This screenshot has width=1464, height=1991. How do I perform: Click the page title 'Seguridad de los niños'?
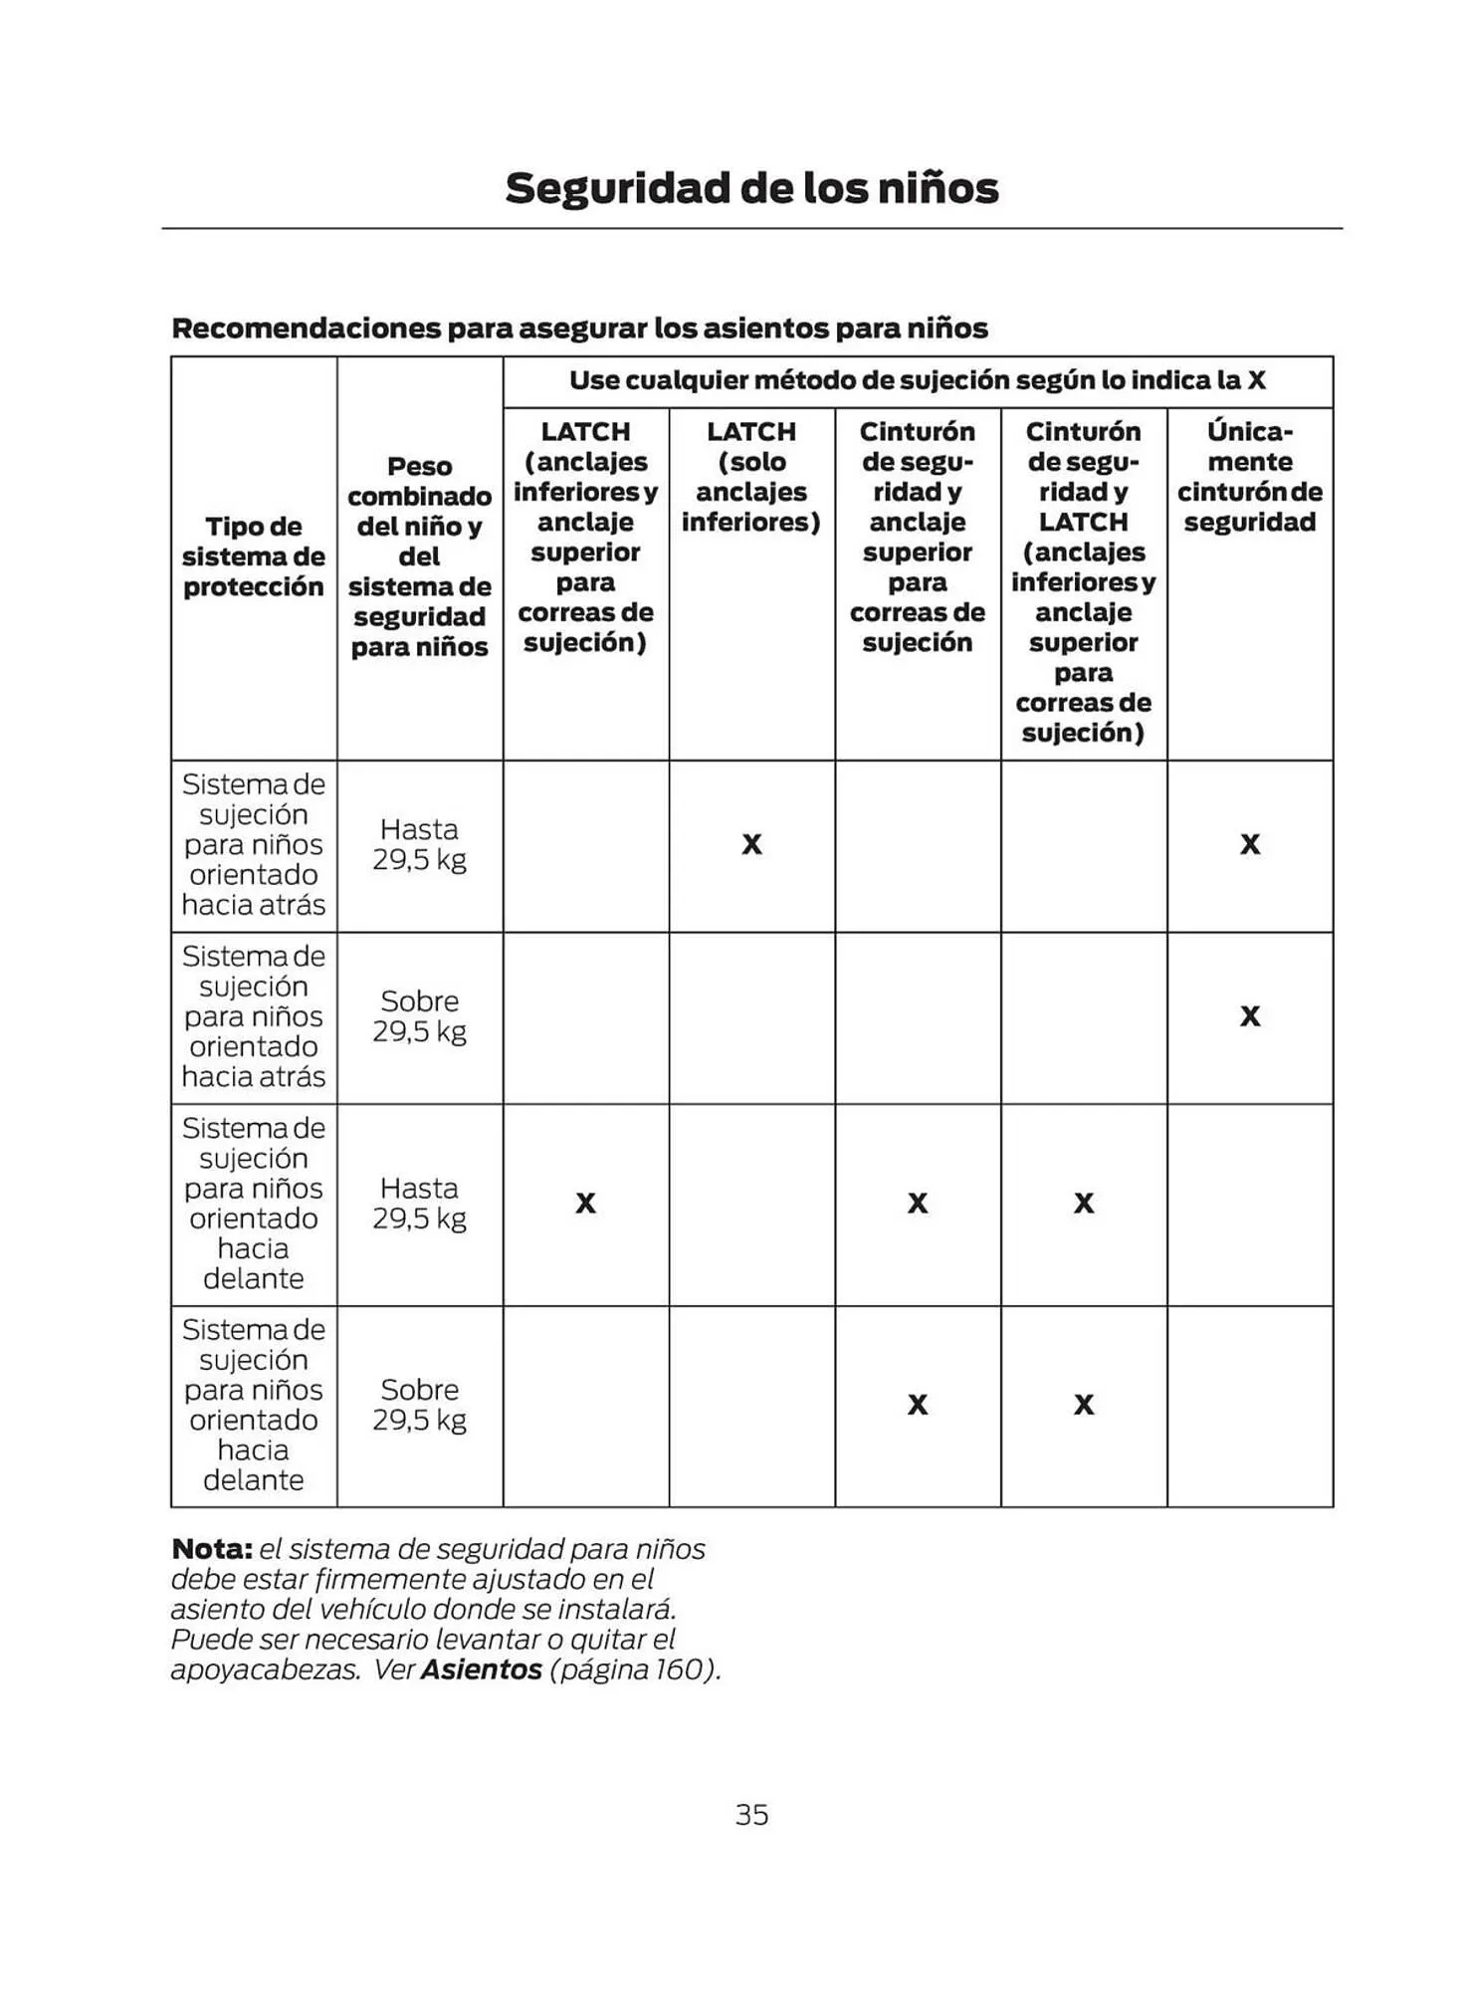[751, 188]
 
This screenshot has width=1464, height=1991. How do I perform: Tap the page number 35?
[751, 1815]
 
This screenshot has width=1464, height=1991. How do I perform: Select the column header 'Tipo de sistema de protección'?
[254, 556]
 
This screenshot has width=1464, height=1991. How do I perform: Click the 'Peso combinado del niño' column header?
[419, 556]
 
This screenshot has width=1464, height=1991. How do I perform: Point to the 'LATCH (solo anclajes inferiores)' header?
[751, 477]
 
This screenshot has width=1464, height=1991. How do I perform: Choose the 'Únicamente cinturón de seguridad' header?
[1250, 477]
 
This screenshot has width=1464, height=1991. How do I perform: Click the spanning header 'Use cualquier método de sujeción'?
[917, 380]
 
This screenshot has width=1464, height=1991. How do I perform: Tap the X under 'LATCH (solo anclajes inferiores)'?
[751, 845]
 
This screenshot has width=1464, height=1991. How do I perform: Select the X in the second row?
[1250, 1016]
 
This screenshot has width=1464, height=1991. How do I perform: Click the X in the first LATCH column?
[585, 1204]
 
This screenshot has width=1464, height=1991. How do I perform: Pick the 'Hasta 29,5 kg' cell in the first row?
[419, 844]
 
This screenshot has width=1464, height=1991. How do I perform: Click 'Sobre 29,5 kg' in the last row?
[419, 1405]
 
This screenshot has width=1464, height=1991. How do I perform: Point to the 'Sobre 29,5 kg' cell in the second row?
[419, 1016]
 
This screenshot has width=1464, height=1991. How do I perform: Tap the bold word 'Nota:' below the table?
[212, 1549]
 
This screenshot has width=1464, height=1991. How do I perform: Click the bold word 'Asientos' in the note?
[482, 1669]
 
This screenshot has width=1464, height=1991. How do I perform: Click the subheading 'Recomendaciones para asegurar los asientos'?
[579, 329]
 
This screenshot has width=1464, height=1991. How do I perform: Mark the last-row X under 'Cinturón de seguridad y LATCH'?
[1084, 1405]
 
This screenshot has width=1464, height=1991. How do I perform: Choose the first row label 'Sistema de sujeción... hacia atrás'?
[254, 844]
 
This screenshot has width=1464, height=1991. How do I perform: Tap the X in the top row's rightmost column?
[1250, 845]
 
